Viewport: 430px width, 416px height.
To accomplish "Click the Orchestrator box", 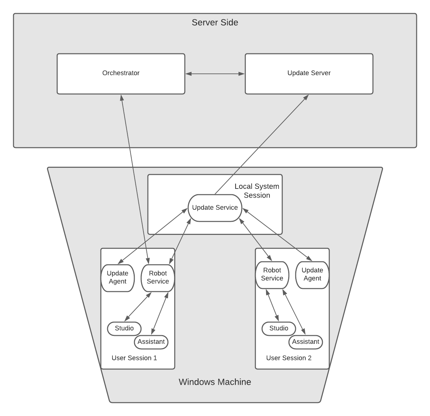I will [121, 73].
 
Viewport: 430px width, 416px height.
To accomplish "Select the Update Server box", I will [309, 73].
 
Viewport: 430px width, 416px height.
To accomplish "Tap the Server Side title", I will [215, 22].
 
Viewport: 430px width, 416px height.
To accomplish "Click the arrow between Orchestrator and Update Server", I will [215, 73].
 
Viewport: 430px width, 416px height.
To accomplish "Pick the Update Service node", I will [215, 208].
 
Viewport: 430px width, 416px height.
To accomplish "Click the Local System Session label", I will [257, 191].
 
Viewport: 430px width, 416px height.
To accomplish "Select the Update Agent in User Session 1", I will [118, 277].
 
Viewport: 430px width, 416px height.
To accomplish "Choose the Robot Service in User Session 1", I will [158, 277].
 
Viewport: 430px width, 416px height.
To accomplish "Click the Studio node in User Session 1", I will [124, 328].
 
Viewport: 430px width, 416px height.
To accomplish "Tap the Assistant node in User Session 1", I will [151, 342].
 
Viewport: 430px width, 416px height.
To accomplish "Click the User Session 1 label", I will [134, 358].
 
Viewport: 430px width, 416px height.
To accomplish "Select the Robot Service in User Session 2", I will [272, 274].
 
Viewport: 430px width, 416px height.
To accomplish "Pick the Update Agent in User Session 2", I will [312, 274].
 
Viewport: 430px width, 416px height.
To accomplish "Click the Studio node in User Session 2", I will [279, 328].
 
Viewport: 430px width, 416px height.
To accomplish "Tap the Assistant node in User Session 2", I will [306, 342].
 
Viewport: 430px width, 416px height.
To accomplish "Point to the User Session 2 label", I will [289, 358].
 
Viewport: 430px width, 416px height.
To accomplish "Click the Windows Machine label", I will [215, 382].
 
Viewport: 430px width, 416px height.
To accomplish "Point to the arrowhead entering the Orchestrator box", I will [122, 97].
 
